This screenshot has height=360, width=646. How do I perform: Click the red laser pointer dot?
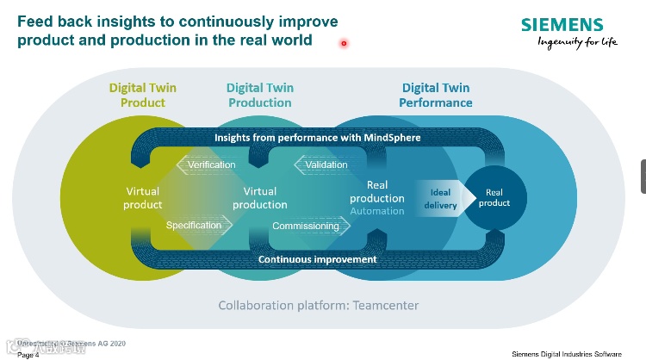[344, 43]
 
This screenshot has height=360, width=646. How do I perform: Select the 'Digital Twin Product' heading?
[142, 95]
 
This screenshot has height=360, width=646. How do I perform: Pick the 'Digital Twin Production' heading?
[259, 95]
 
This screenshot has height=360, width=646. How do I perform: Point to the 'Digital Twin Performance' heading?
[436, 95]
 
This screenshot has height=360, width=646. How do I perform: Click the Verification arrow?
[207, 164]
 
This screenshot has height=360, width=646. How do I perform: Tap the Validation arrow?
[323, 164]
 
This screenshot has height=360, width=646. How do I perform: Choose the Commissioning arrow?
[308, 226]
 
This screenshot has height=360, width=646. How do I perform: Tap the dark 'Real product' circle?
[494, 197]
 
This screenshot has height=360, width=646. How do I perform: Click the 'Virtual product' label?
[143, 198]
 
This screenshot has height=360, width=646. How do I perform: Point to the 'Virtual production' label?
[259, 198]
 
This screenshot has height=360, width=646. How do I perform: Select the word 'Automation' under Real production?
[377, 211]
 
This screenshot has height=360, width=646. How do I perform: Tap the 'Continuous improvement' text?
[317, 259]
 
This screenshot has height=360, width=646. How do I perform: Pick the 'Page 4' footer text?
[28, 354]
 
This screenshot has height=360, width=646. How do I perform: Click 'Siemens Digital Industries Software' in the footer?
[578, 354]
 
